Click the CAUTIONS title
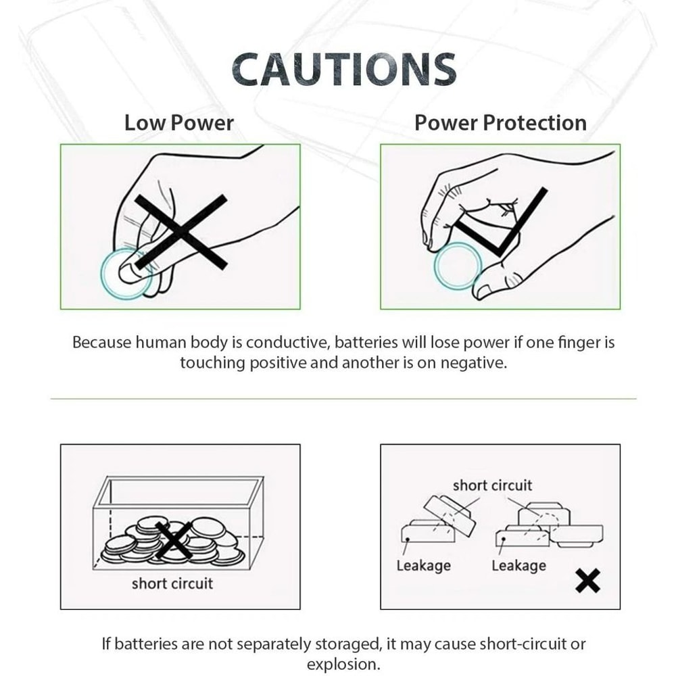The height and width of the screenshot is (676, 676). pos(343,69)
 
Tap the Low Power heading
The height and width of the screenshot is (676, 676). pos(179,123)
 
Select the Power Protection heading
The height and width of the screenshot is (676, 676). pos(500,123)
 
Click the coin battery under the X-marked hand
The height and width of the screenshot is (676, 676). pos(125,274)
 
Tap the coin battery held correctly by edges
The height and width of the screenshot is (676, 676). pos(458,266)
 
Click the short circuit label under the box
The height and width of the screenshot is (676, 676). pos(172,583)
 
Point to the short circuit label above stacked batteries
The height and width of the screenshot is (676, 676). pos(492,485)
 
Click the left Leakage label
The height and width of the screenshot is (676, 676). pos(423,565)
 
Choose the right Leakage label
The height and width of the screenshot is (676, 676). pos(518,565)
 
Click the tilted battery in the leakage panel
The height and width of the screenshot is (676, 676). pos(448,514)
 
